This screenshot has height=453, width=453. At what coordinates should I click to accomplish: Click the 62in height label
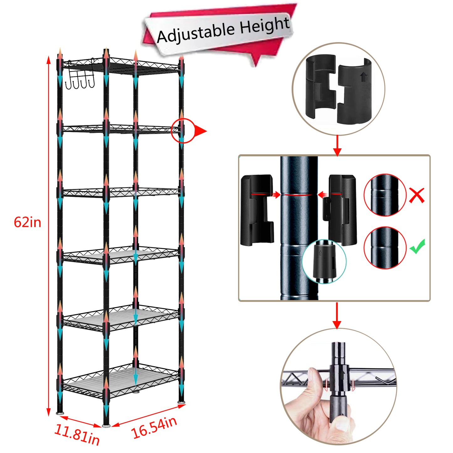coord(28,222)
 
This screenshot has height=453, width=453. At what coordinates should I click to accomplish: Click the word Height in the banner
coord(265,26)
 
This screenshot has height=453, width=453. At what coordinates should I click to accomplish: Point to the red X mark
coord(417,195)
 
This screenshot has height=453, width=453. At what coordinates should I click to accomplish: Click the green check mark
coord(417,246)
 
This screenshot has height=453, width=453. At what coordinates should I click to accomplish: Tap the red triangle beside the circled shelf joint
coord(200,131)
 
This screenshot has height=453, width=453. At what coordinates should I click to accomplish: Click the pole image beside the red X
coord(385,195)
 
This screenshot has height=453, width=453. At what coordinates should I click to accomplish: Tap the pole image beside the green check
coord(385,248)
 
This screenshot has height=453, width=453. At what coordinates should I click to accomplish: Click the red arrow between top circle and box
coord(337,145)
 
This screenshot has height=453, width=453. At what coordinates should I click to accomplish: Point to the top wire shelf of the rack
coord(121,66)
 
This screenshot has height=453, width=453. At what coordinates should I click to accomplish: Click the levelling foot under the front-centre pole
coord(106,425)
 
